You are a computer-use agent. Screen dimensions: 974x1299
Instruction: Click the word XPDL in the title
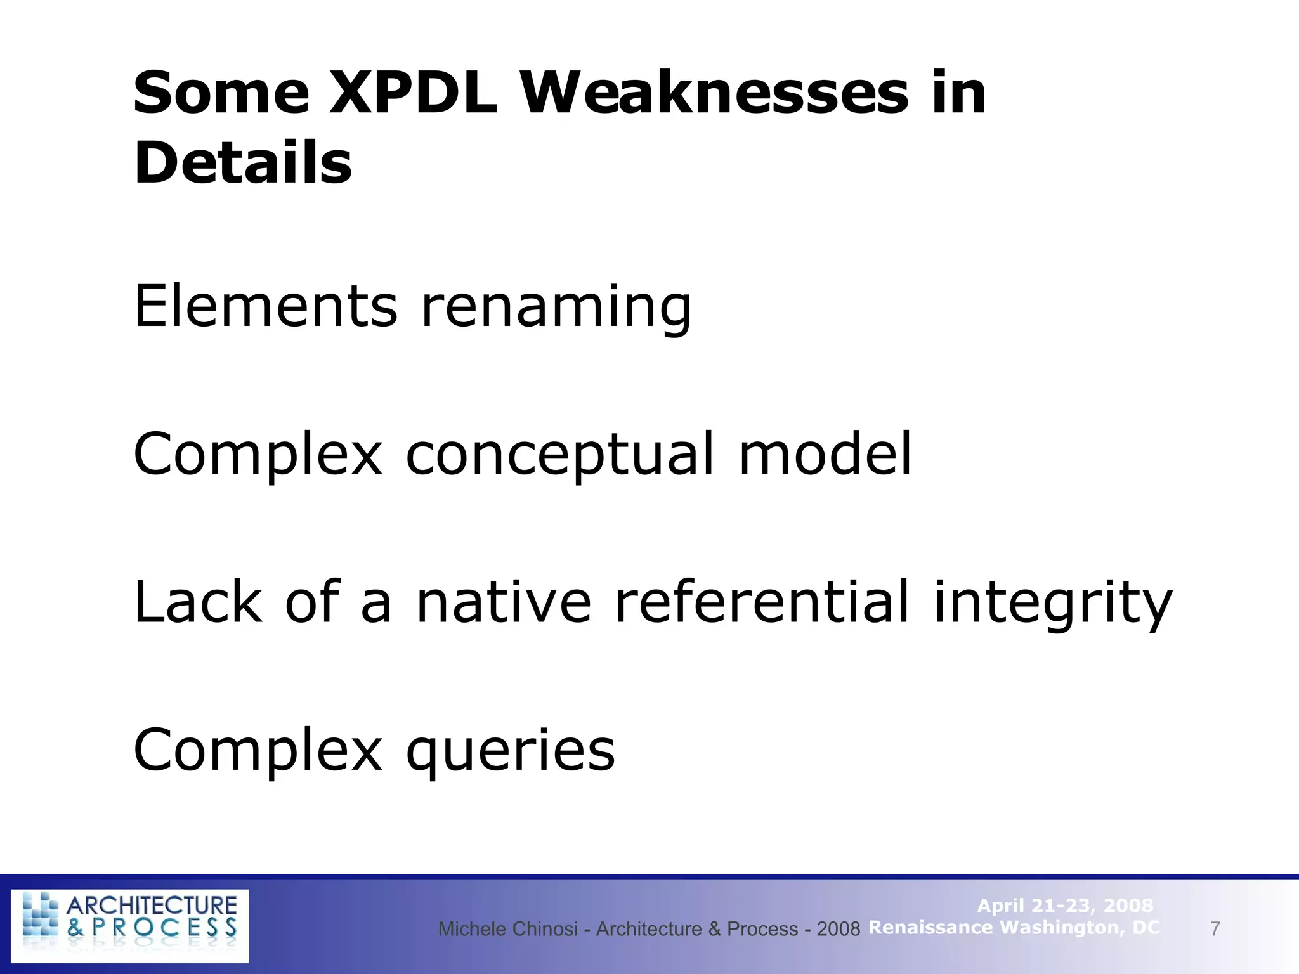pos(413,93)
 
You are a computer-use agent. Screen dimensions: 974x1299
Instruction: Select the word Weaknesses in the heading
pos(715,93)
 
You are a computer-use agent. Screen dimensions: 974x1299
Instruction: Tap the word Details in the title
pos(243,163)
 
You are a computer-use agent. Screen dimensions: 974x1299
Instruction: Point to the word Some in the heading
pos(221,93)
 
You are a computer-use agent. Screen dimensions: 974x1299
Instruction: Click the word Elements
pos(266,306)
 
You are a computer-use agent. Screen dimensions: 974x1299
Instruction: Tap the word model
pos(825,454)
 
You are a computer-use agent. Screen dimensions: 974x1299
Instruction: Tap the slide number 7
pos(1215,929)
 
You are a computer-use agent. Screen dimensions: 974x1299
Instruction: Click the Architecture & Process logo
pos(130,926)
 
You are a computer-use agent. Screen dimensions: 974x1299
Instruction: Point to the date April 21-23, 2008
pos(1065,906)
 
